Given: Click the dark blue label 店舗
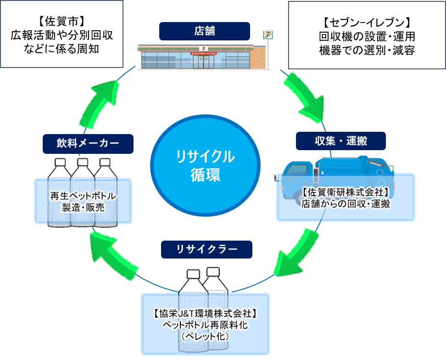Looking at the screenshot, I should click(x=205, y=31).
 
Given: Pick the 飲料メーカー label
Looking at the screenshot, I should click(x=88, y=144).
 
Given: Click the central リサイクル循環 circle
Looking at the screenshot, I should click(x=205, y=166).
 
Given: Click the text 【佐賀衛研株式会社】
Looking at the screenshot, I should click(x=346, y=193).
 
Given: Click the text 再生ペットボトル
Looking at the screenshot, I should click(x=83, y=197).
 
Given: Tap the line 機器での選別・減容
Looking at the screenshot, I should click(x=367, y=50).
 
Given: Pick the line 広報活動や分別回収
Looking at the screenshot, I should click(x=61, y=35).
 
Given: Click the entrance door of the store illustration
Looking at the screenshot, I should click(x=201, y=62).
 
